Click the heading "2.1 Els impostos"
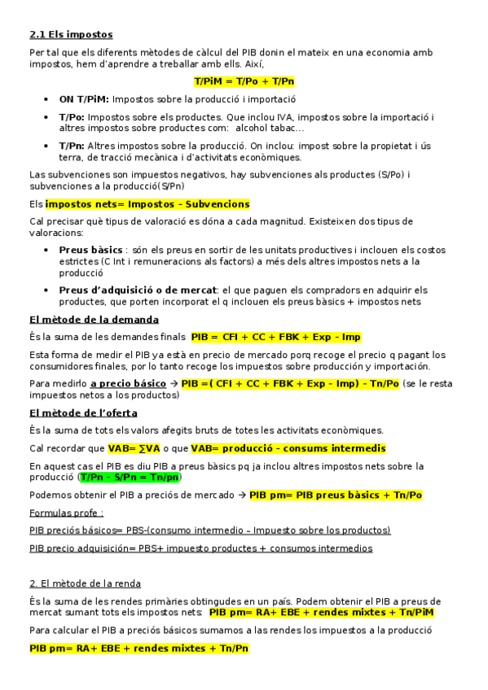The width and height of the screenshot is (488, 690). pos(71,34)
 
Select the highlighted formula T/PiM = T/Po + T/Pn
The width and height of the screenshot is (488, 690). pos(244,81)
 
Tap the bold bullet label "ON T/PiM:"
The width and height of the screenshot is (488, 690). pos(85,99)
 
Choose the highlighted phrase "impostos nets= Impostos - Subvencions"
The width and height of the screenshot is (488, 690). pos(147,204)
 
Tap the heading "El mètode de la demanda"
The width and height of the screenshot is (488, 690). pos(94,319)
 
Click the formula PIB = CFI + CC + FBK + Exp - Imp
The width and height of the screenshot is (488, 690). pos(276,337)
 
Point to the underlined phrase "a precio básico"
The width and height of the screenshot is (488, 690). pos(128,383)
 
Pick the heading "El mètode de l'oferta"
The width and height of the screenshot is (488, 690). pos(83,413)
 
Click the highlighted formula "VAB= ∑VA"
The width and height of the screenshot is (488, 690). pos(134,448)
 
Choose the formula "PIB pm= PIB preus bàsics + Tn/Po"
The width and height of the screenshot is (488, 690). pos(336,495)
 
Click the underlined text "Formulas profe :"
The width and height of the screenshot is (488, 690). pos(66,513)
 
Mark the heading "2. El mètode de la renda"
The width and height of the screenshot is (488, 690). pos(85,583)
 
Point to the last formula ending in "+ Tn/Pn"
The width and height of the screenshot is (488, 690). pos(138,649)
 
